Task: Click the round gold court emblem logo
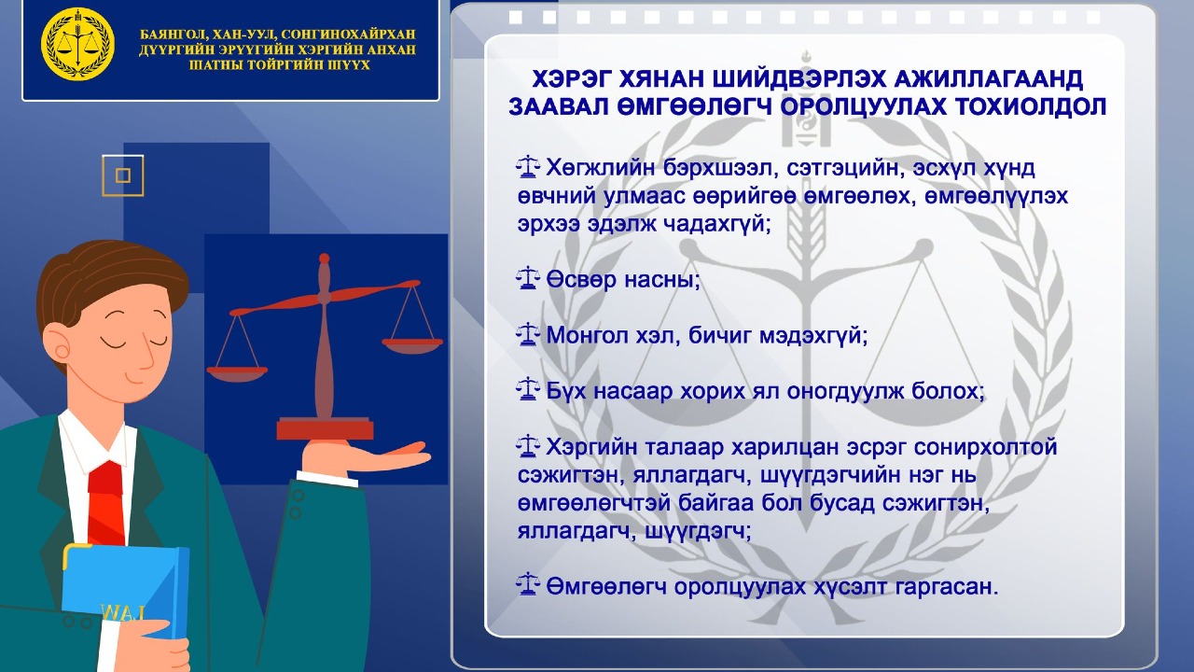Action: pyautogui.click(x=78, y=44)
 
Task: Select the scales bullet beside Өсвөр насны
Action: pyautogui.click(x=528, y=278)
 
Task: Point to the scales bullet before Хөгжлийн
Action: pyautogui.click(x=528, y=168)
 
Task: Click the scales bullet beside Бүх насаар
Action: pyautogui.click(x=528, y=389)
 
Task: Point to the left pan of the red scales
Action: pyautogui.click(x=237, y=372)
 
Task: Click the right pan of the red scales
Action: pyautogui.click(x=412, y=345)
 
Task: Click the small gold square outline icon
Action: pyautogui.click(x=122, y=175)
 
